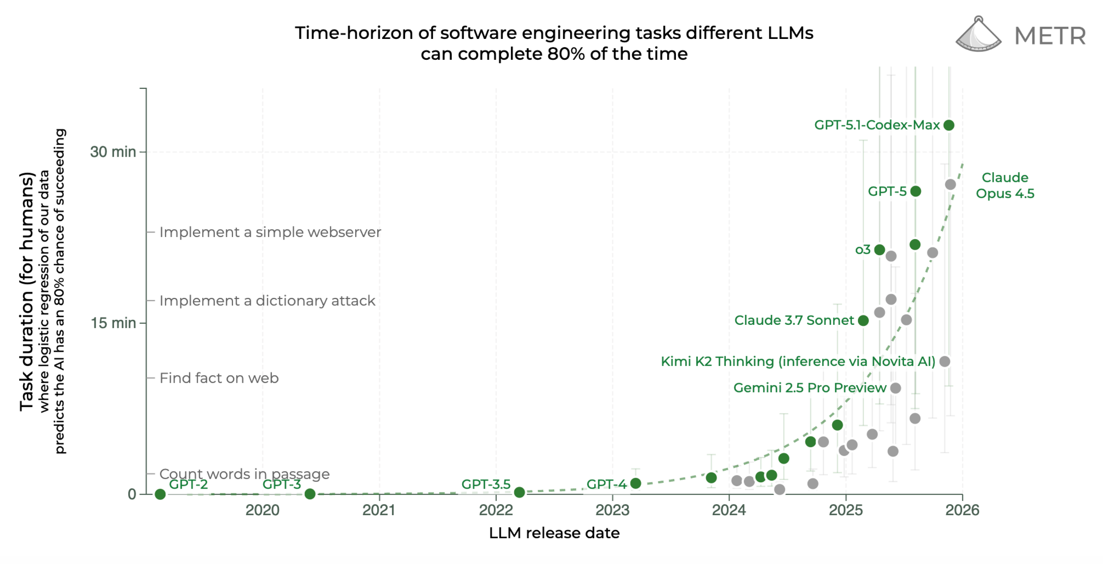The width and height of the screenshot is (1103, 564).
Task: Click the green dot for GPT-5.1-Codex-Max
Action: tap(949, 125)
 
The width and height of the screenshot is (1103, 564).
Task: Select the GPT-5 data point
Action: tap(916, 191)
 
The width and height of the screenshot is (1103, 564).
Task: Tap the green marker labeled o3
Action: tap(880, 250)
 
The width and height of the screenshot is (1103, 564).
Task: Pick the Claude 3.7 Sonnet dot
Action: tap(863, 321)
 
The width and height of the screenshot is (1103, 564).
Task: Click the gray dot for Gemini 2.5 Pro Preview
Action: tap(895, 388)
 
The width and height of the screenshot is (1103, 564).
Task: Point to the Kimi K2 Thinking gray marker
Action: tap(945, 361)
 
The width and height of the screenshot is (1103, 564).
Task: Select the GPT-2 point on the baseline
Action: tap(160, 494)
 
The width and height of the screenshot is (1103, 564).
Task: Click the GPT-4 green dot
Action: tap(635, 483)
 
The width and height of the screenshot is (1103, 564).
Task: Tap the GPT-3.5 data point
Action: tap(519, 492)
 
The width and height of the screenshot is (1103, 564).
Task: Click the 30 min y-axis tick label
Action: tap(113, 152)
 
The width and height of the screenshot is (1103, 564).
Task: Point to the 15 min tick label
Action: tap(113, 323)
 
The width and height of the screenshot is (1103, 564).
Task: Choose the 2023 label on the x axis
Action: tap(612, 510)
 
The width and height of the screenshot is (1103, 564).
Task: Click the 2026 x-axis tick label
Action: tap(962, 510)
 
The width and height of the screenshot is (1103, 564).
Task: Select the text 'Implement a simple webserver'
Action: tap(270, 232)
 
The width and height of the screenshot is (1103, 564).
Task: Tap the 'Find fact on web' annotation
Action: tap(219, 378)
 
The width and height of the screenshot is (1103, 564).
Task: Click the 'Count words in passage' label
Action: tap(245, 473)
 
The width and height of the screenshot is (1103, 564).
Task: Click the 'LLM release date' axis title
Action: tap(554, 533)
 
